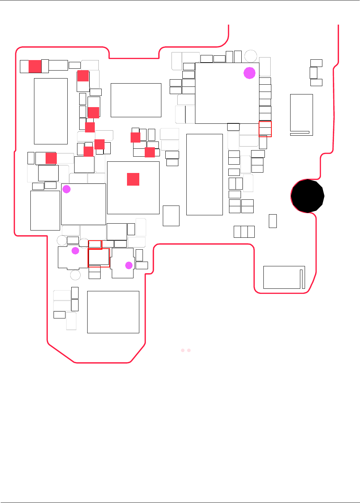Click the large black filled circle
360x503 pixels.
308,196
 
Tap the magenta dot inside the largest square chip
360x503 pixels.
249,73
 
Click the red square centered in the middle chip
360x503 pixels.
133,179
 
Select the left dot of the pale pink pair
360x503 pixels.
183,350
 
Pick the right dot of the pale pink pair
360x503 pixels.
189,350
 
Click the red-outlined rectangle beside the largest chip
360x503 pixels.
265,129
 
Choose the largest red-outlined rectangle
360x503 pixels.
99,258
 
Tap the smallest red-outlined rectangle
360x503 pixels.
95,245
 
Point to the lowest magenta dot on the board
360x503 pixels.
129,265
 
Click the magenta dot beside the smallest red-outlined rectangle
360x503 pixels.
75,250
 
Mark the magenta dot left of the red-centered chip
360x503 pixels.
67,189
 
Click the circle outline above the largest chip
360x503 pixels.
251,56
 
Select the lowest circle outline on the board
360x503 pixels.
75,275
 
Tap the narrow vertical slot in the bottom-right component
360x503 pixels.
301,279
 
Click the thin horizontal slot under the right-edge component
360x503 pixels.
300,132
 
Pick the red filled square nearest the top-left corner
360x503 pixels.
35,66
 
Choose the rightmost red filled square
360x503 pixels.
150,152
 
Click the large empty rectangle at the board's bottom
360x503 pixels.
113,312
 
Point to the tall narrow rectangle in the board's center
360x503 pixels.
204,174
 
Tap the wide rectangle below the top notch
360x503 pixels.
136,100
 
